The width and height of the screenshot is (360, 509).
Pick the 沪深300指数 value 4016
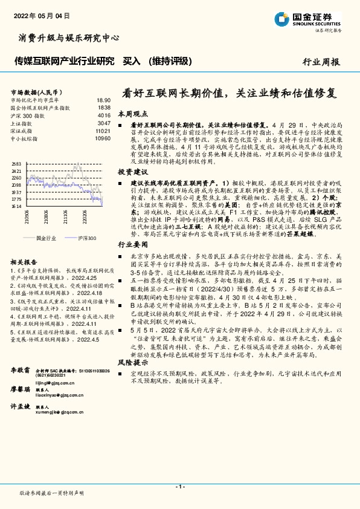[104, 115]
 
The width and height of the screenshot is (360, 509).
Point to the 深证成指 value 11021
[103, 130]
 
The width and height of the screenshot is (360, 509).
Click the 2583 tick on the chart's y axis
[17, 164]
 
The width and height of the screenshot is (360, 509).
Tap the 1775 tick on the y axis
[17, 198]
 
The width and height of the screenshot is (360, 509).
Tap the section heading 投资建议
[132, 172]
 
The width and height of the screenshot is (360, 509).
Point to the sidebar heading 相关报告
[24, 262]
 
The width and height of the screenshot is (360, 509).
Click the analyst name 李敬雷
[21, 368]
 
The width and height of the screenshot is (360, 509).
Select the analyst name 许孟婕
[21, 407]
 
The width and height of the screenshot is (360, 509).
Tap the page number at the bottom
[179, 486]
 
